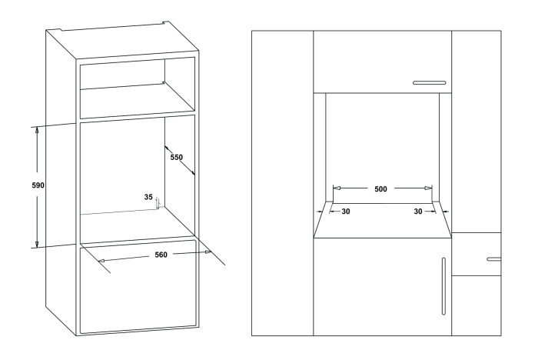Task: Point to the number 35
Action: pyautogui.click(x=148, y=197)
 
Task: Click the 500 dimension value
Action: pyautogui.click(x=379, y=188)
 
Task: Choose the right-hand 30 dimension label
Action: pyautogui.click(x=419, y=211)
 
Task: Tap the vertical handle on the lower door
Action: pyautogui.click(x=443, y=285)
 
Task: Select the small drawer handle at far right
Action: pyautogui.click(x=493, y=259)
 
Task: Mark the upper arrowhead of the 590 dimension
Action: pyautogui.click(x=37, y=130)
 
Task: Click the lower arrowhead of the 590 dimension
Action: pyautogui.click(x=37, y=244)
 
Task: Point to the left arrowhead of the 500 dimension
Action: pyautogui.click(x=335, y=188)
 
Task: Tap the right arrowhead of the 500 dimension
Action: pyautogui.click(x=430, y=188)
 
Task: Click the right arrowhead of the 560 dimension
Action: pyautogui.click(x=208, y=252)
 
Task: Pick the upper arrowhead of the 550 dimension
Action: pyautogui.click(x=166, y=143)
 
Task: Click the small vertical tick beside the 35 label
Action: pyautogui.click(x=157, y=203)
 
